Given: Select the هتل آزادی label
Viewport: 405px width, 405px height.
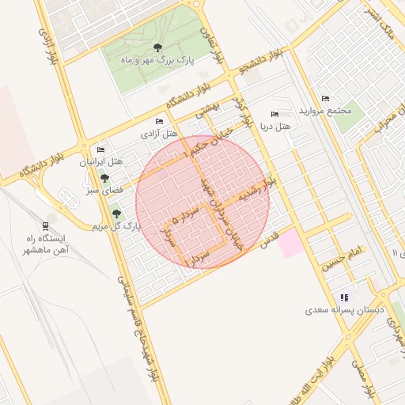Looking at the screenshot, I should point(157,134).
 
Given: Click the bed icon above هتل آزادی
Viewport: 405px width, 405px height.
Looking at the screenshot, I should point(159,122).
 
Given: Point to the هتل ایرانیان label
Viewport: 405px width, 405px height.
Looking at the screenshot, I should point(101,161).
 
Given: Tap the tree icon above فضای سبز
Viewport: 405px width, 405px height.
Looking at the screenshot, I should point(104,178).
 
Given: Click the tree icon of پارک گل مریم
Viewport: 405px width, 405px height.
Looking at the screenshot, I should point(117,214).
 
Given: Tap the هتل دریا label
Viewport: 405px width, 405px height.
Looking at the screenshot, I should point(275,127).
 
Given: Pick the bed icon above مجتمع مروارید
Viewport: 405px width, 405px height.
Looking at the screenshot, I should point(325,99).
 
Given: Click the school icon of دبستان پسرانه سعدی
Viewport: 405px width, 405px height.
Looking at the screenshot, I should point(344,297).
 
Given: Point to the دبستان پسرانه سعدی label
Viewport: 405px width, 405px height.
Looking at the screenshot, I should point(345,311).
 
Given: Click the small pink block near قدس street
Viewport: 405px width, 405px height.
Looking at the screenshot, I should point(290,242).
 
